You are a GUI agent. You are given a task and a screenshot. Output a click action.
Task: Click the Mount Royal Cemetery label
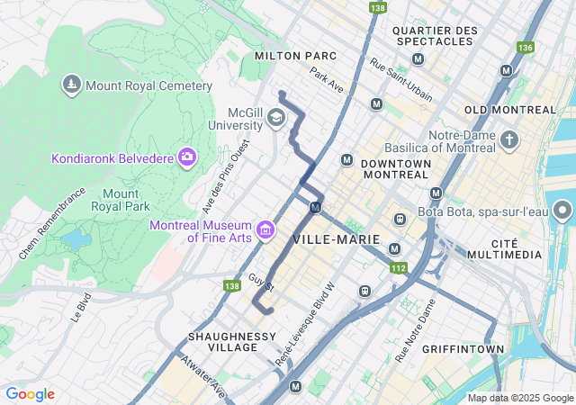coord(148,86)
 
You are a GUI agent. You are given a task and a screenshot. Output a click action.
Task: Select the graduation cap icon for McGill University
coord(276,118)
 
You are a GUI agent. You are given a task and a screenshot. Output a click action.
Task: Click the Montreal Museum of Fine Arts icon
coord(265,231)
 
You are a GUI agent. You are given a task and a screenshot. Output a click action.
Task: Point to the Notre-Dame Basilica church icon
coord(510,140)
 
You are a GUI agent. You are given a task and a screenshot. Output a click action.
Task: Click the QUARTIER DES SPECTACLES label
coord(435,37)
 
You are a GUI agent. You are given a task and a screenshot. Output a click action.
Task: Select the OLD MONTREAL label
coord(510,109)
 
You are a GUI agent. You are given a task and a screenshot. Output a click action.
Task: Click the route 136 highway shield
coord(525,47)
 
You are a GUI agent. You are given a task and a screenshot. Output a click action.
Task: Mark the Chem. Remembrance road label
coord(52,223)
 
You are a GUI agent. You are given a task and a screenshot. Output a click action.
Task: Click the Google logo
coord(30,394)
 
